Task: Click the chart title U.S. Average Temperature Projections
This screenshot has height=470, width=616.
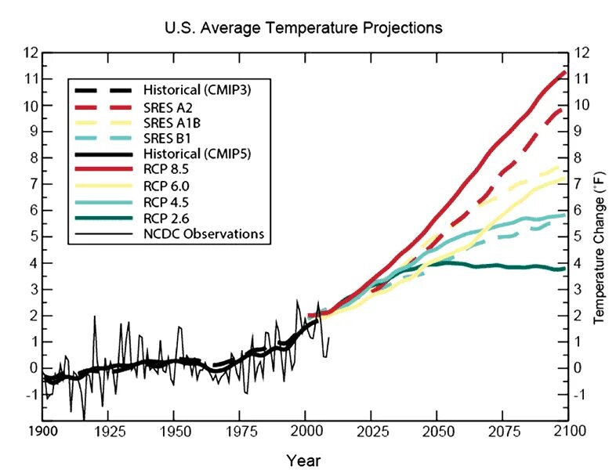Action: [x=303, y=28]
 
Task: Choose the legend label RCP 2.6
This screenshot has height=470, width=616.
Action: [x=165, y=219]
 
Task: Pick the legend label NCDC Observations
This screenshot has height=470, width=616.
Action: [x=203, y=233]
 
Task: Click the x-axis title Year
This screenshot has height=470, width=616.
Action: [x=303, y=460]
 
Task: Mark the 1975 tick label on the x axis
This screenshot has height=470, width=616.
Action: [x=239, y=432]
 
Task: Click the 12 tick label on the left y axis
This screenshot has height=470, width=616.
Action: [x=31, y=53]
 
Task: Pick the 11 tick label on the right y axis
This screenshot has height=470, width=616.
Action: [x=582, y=79]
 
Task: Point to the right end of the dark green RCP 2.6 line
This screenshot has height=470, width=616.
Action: [x=565, y=269]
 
